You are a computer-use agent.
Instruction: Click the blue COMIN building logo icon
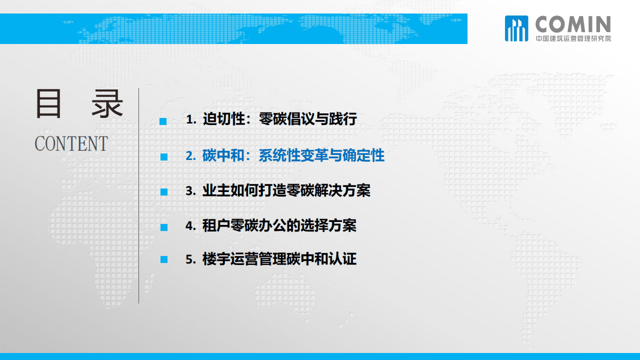click(516, 28)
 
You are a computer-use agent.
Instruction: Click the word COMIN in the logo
click(573, 24)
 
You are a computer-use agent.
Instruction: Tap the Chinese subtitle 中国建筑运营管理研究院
click(573, 38)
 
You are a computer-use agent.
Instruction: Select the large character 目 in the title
click(48, 104)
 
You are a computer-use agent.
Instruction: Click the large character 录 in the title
click(107, 104)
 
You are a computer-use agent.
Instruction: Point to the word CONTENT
click(71, 144)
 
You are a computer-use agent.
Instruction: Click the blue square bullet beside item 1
click(163, 121)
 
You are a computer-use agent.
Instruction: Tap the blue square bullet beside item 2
click(163, 156)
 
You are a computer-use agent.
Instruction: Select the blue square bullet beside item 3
click(163, 192)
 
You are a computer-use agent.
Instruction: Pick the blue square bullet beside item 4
click(163, 227)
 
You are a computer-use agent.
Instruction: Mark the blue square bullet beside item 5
click(163, 259)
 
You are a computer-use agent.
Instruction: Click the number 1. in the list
click(191, 120)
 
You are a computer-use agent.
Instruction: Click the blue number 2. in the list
click(191, 156)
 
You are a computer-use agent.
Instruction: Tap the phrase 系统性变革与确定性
click(321, 155)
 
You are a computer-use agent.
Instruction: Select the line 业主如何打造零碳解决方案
click(286, 190)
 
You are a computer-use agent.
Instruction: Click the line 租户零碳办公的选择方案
click(279, 225)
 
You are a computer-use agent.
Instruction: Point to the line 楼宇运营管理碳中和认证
click(279, 259)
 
